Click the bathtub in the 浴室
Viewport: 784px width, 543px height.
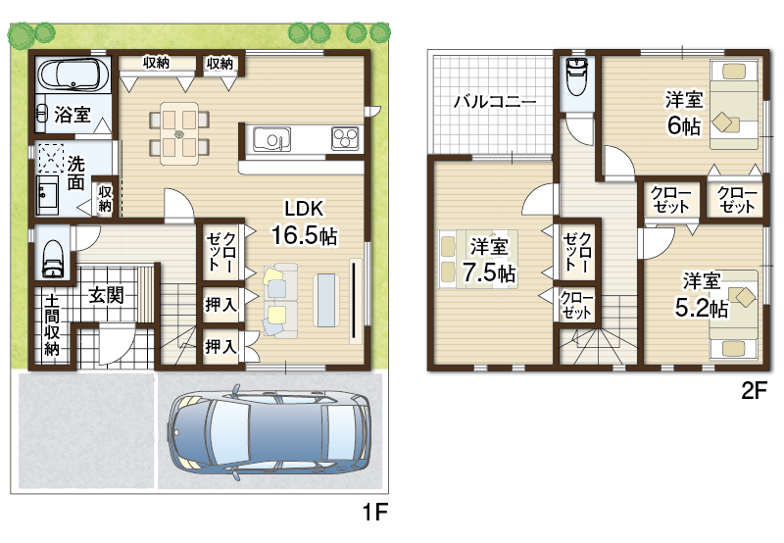[73, 74]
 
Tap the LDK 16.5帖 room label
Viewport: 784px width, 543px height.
[304, 222]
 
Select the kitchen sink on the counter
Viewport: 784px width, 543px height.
[272, 139]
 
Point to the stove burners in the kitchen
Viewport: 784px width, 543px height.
[345, 138]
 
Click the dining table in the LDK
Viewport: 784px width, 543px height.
[179, 133]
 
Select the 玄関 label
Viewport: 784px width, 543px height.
[106, 295]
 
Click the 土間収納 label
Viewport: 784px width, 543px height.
[52, 324]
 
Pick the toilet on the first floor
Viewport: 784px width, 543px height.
[53, 258]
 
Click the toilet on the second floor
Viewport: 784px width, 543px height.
[577, 76]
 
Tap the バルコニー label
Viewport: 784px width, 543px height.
[495, 102]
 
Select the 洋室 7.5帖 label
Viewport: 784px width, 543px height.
[488, 261]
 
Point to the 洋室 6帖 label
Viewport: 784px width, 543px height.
[683, 113]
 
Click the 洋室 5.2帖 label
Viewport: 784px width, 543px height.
[701, 295]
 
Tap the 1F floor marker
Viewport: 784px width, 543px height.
[375, 512]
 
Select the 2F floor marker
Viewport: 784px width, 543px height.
[754, 390]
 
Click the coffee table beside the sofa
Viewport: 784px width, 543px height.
[326, 300]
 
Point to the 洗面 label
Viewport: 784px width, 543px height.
[76, 173]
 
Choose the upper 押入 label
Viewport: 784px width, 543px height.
[220, 304]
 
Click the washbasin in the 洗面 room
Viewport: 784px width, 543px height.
[47, 195]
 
